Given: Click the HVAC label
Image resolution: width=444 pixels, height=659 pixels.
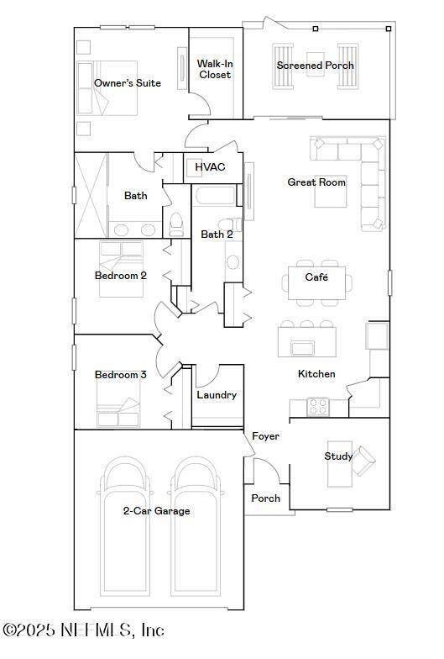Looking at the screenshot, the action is [x=210, y=166].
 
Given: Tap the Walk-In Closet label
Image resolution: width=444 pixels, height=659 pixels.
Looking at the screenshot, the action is [x=215, y=69].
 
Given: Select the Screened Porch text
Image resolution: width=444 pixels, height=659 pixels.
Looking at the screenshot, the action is [x=316, y=66].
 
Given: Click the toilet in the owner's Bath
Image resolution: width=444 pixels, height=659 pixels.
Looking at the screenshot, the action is [x=176, y=224].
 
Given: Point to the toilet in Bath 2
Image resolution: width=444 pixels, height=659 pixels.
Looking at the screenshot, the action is [x=230, y=225].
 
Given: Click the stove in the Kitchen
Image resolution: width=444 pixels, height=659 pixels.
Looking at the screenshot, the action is [x=317, y=407].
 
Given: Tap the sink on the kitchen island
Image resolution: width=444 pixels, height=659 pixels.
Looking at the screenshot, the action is [x=302, y=348].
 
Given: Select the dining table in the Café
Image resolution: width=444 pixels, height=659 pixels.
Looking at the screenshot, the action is [x=317, y=282].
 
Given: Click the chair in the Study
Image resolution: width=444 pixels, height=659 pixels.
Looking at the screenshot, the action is [x=363, y=461].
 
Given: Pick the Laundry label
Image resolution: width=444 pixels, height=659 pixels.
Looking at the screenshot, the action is [x=217, y=395].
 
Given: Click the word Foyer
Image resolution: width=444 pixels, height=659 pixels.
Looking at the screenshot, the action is [x=265, y=437].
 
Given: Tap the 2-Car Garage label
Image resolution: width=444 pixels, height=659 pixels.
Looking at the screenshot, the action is [x=156, y=511].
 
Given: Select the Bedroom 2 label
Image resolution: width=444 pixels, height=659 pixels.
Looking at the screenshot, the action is [x=121, y=276].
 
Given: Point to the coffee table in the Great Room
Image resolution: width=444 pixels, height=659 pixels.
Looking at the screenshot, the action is [x=331, y=192].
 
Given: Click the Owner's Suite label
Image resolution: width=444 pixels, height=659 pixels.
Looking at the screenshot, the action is [x=128, y=83].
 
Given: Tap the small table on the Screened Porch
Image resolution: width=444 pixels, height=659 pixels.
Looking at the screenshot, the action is [x=316, y=64].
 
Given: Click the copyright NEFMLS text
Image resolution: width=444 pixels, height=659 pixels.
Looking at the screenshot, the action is [x=83, y=630].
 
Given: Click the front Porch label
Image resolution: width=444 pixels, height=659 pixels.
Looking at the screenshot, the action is [x=265, y=498].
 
